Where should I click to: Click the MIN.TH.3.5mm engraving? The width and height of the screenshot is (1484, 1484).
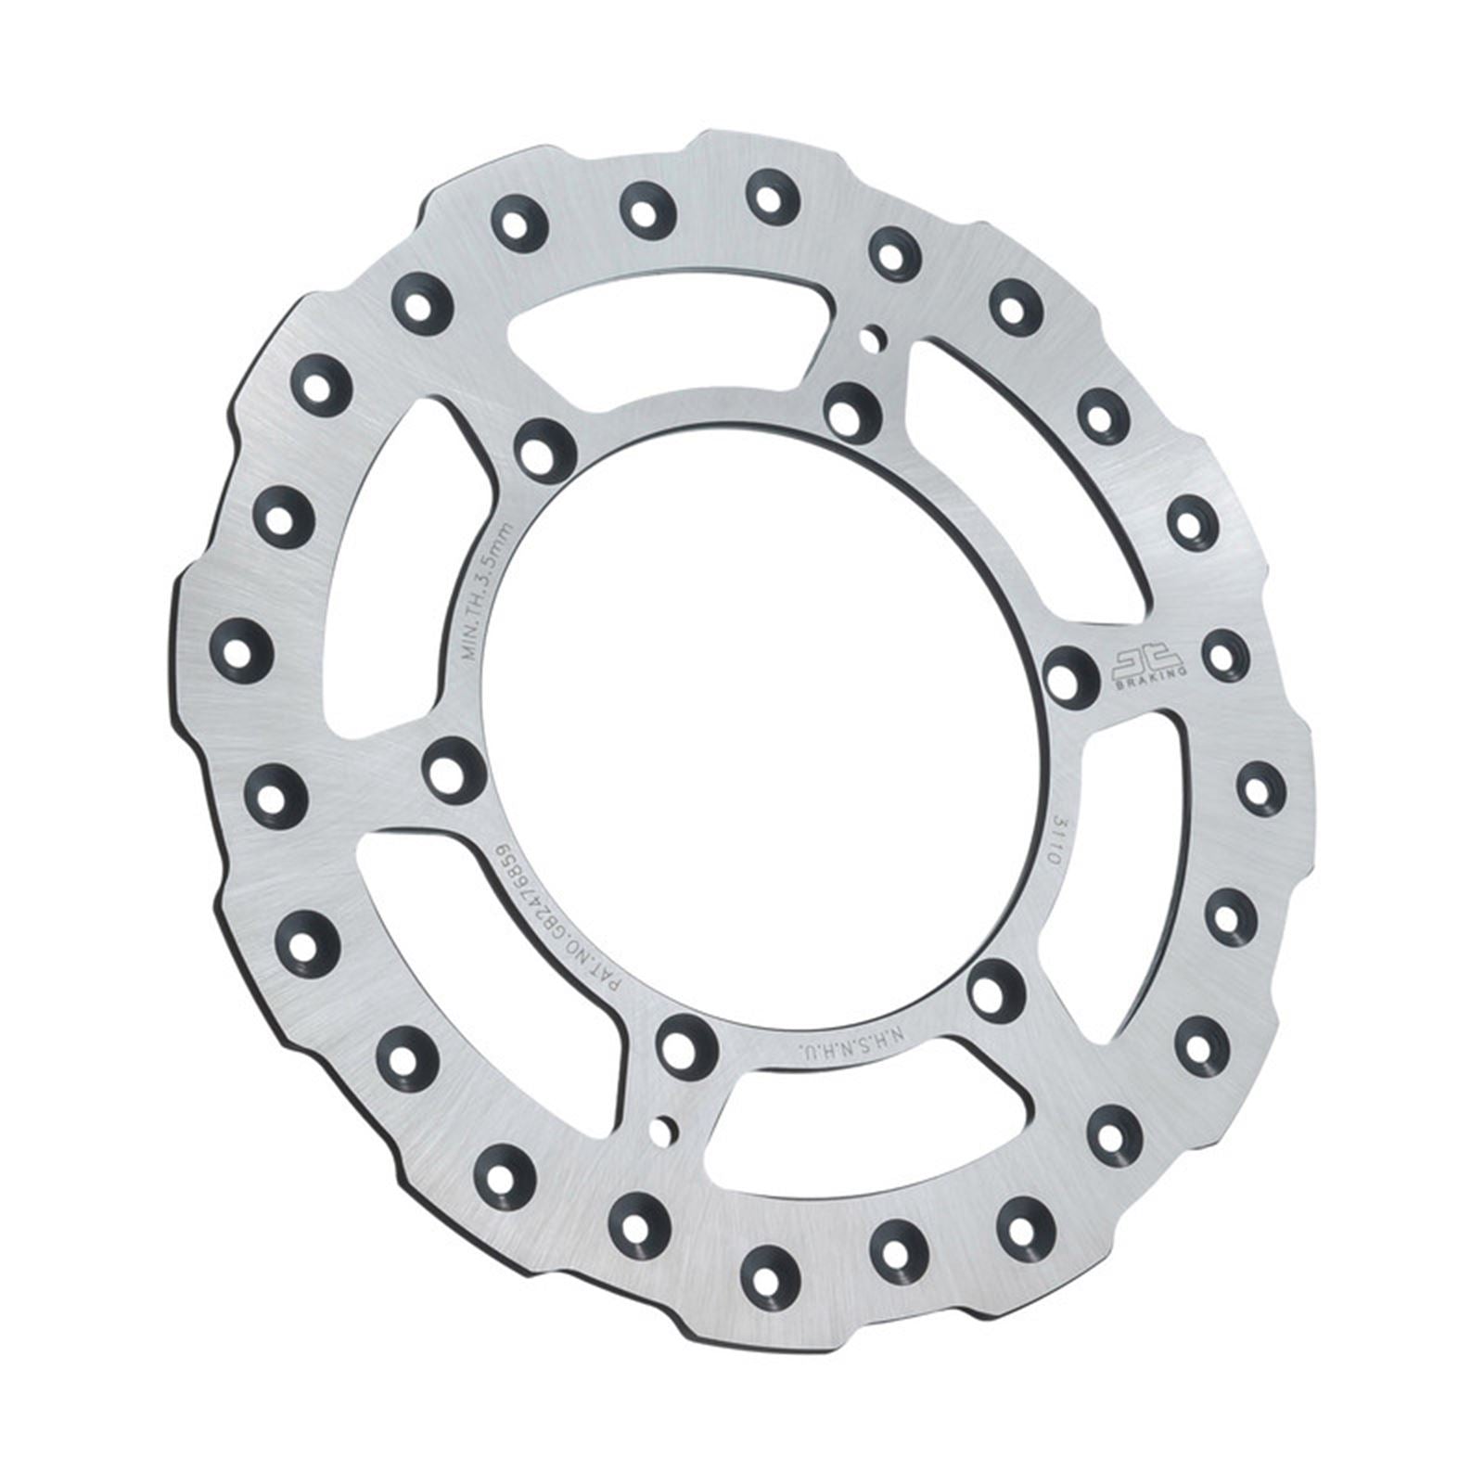click(497, 590)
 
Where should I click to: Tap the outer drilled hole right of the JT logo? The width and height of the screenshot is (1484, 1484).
click(1222, 652)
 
